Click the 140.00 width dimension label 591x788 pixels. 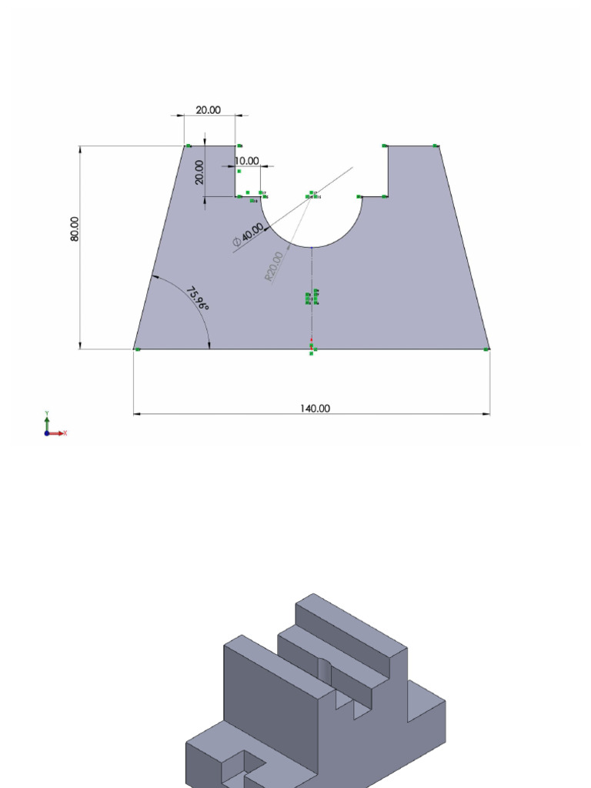pos(315,408)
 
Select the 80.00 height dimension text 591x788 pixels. pos(75,229)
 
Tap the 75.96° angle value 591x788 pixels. pos(198,298)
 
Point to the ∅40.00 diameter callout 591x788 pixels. pos(249,236)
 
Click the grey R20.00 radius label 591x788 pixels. pos(273,266)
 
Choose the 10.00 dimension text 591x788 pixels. pos(246,161)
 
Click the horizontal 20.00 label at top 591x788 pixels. pos(208,110)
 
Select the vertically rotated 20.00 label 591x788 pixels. pos(199,172)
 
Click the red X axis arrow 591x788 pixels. pos(63,433)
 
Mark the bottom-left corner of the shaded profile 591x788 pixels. pos(134,349)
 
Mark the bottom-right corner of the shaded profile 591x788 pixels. pos(489,349)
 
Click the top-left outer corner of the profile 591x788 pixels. pos(185,145)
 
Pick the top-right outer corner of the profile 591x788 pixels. pos(439,145)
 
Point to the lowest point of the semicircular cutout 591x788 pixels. pos(312,247)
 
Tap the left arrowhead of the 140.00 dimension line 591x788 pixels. pos(138,414)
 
